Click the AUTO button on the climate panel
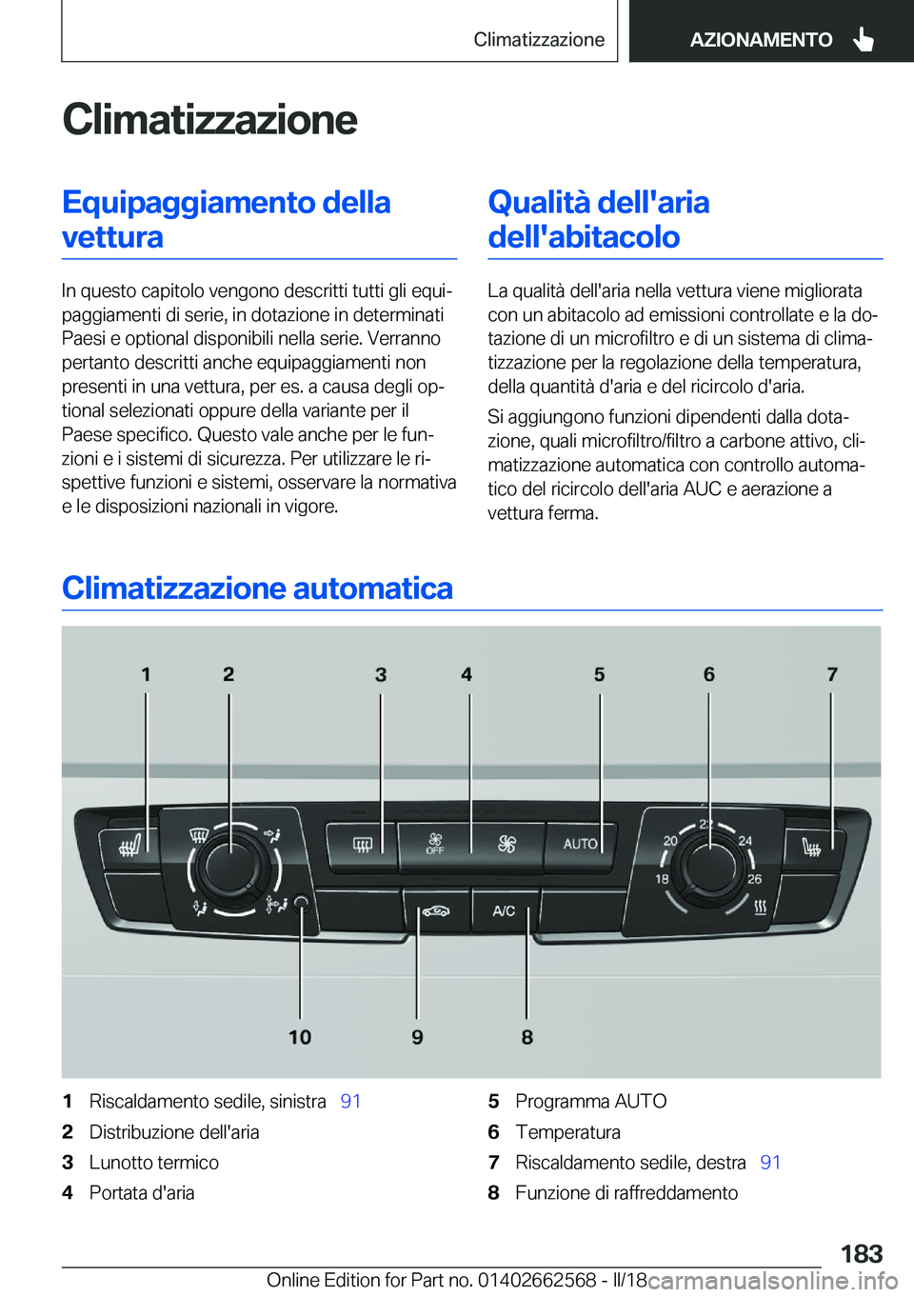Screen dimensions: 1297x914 point(580,844)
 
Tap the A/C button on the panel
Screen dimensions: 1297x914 point(504,911)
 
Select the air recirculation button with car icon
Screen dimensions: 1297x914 point(436,911)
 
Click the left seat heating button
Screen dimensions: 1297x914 point(129,846)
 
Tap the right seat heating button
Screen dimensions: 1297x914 point(812,846)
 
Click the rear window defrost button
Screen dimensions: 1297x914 point(362,845)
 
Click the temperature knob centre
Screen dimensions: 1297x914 point(708,864)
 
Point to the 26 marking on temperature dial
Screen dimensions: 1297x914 point(754,879)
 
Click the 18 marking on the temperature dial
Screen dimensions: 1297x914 point(662,879)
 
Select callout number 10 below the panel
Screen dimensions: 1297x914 point(300,1037)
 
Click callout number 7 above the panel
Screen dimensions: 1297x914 point(832,674)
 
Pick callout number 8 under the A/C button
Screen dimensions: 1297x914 point(527,1037)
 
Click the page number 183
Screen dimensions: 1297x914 point(861,1253)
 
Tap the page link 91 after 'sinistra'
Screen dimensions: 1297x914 point(350,1101)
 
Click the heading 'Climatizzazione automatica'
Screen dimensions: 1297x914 point(257,589)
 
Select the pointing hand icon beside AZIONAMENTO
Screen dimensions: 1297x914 point(864,39)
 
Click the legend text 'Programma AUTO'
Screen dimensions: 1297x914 point(590,1101)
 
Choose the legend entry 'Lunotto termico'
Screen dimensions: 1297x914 point(153,1162)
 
